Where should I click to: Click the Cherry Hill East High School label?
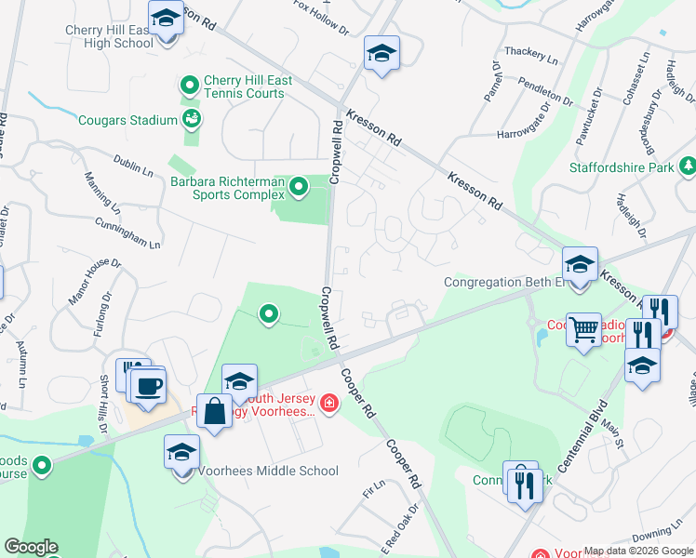click(109, 36)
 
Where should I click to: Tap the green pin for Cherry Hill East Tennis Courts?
click(190, 86)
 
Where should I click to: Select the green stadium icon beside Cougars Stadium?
click(192, 118)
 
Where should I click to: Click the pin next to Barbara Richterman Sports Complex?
click(299, 188)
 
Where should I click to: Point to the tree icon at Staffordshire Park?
click(688, 166)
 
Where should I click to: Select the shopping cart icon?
click(583, 327)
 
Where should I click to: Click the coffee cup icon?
click(148, 384)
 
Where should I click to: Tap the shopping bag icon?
click(214, 410)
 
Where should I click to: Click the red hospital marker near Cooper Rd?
click(328, 403)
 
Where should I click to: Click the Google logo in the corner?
click(31, 547)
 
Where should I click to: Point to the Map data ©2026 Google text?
click(638, 551)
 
